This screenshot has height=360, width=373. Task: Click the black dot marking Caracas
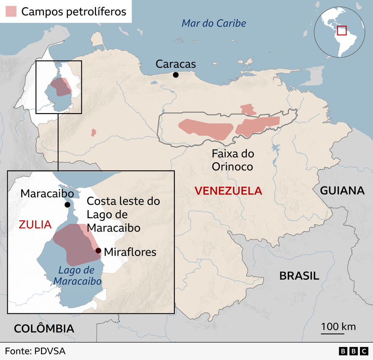(176, 75)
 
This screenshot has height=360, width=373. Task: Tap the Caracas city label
(175, 64)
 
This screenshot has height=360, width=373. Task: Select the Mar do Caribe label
(213, 23)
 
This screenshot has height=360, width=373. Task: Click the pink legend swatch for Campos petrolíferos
(12, 12)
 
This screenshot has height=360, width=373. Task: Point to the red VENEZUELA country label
(228, 191)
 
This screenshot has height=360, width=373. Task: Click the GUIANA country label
(342, 191)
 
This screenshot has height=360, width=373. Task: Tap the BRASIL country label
(299, 276)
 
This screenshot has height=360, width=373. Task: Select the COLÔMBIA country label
(44, 329)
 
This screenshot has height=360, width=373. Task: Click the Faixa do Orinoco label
(233, 160)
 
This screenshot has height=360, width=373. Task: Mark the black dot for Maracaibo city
(67, 205)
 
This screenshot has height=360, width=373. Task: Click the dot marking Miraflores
(98, 250)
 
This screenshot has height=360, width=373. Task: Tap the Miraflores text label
(130, 251)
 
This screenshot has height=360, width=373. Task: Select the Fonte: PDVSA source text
(35, 351)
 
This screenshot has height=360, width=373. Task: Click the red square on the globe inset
(342, 30)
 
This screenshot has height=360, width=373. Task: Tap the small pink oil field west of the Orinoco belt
(93, 132)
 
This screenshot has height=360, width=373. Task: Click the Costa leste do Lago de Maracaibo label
(123, 214)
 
